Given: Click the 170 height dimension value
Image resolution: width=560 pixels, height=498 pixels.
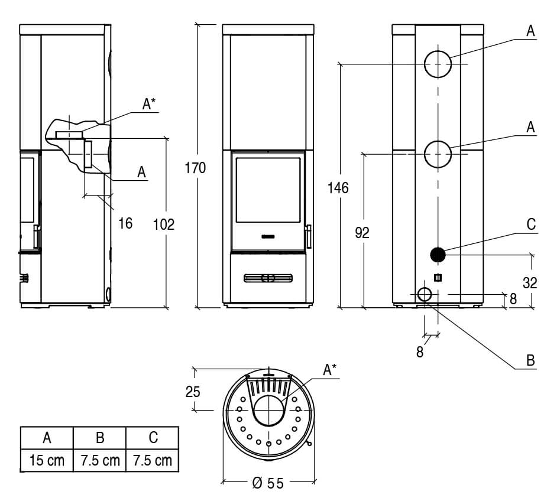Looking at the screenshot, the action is [195, 168].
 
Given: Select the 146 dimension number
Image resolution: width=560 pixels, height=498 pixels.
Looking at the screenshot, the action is [338, 188].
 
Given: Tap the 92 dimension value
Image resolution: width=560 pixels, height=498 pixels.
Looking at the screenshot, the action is [362, 233].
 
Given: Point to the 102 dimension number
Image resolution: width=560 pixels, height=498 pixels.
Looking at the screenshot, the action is [164, 224].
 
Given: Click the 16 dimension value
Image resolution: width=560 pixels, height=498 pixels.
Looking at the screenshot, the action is [125, 223].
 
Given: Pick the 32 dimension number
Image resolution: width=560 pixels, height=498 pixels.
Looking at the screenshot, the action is [530, 283].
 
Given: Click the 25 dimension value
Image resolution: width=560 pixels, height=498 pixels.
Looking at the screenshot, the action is [193, 392].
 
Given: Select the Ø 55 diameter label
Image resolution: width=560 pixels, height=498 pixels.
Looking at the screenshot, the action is [268, 483].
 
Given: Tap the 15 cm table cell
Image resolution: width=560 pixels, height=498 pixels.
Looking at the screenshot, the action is [47, 460].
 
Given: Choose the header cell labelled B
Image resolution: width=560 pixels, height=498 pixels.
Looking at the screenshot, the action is [100, 438].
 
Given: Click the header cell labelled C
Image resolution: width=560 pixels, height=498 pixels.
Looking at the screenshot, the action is [153, 438].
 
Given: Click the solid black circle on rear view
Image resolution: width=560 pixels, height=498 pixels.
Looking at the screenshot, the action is [438, 255].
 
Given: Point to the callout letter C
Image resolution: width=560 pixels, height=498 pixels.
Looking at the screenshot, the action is [531, 224].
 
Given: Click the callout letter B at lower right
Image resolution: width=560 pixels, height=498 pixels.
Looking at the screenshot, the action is [530, 360].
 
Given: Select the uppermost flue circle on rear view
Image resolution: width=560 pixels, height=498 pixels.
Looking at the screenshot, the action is [438, 64].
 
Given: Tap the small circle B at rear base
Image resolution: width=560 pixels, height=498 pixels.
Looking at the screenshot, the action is [425, 295].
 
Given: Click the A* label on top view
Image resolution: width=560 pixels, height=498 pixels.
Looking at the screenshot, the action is [329, 370].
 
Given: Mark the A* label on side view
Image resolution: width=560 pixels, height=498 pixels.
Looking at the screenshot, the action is [149, 104].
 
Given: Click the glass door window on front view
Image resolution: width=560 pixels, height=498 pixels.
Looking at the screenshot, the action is [268, 190].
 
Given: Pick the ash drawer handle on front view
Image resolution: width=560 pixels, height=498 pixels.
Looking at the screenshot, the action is [268, 278].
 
